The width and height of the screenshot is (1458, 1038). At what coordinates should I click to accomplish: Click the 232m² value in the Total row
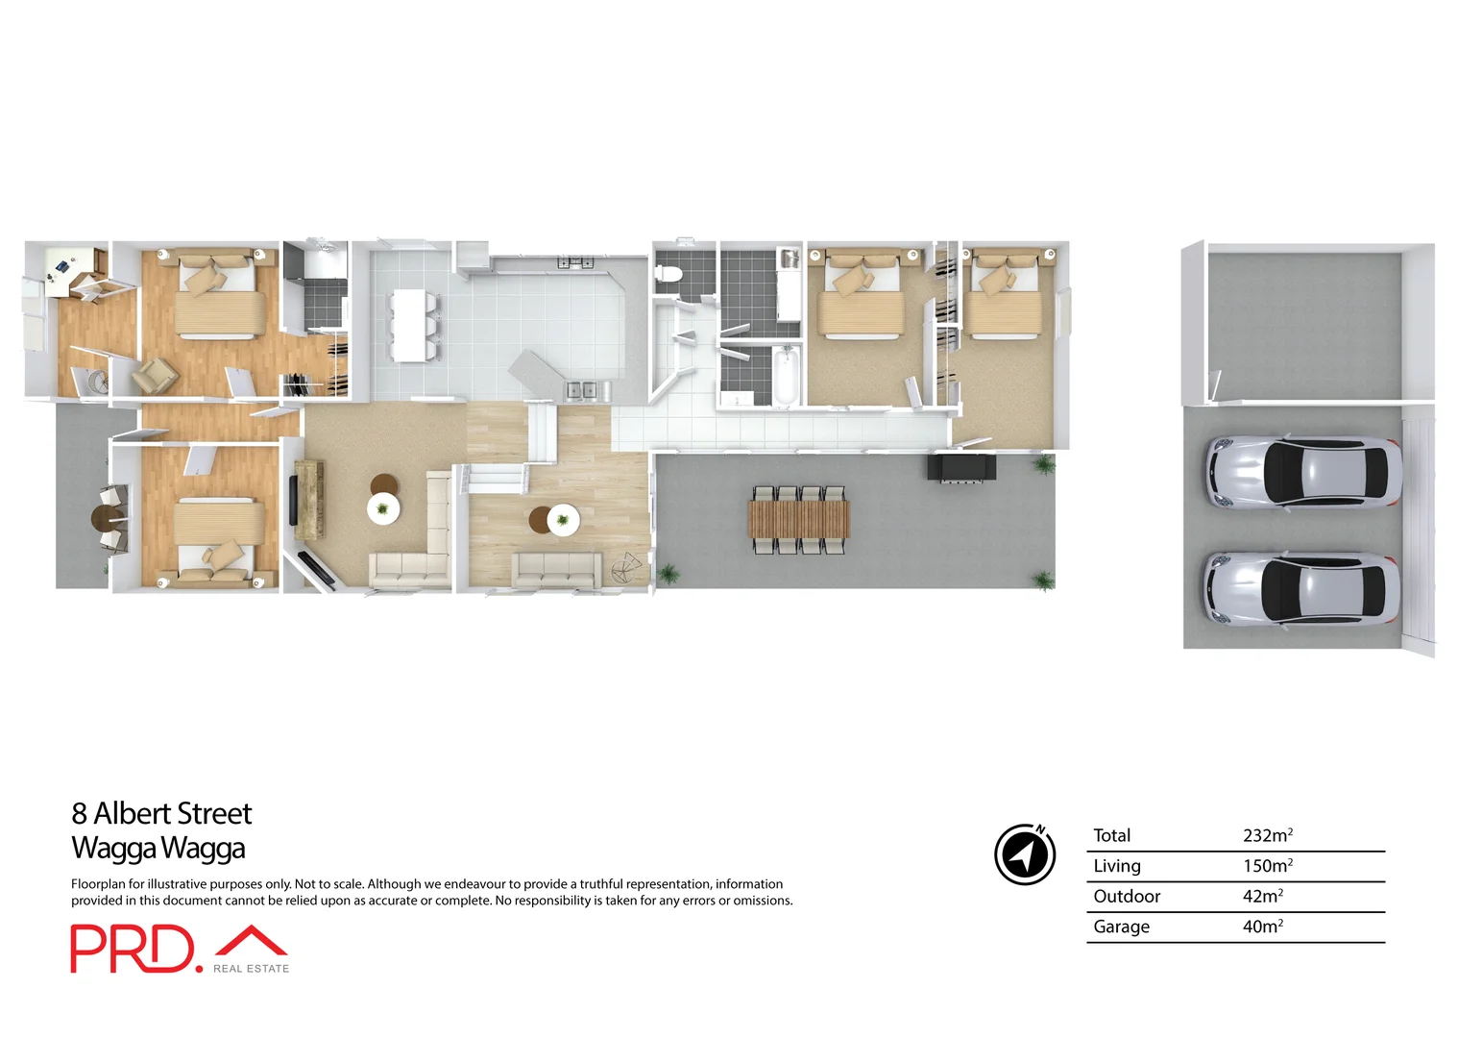1267,835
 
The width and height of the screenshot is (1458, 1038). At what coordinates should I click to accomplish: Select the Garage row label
1121,927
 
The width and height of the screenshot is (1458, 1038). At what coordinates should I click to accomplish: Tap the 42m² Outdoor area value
1262,896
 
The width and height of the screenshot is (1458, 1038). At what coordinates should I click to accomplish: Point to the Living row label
1117,866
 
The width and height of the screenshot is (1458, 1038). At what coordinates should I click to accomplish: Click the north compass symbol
1025,853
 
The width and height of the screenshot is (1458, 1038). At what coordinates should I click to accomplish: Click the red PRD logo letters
132,949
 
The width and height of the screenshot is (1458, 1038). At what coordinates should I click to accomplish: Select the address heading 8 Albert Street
161,814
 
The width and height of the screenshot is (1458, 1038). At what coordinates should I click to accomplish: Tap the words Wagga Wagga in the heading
158,849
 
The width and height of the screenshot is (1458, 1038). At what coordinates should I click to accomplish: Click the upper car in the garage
1302,471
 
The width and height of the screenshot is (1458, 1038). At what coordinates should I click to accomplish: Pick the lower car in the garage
1300,588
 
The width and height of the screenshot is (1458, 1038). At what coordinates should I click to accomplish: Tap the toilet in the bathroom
668,275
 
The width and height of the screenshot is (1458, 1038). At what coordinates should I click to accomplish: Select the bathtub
786,377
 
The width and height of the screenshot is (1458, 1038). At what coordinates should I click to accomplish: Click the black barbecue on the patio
960,467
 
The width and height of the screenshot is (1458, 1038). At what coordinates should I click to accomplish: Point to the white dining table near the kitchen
411,325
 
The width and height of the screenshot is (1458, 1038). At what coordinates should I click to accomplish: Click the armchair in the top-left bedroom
154,376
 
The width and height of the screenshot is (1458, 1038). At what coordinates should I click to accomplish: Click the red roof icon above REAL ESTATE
251,941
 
